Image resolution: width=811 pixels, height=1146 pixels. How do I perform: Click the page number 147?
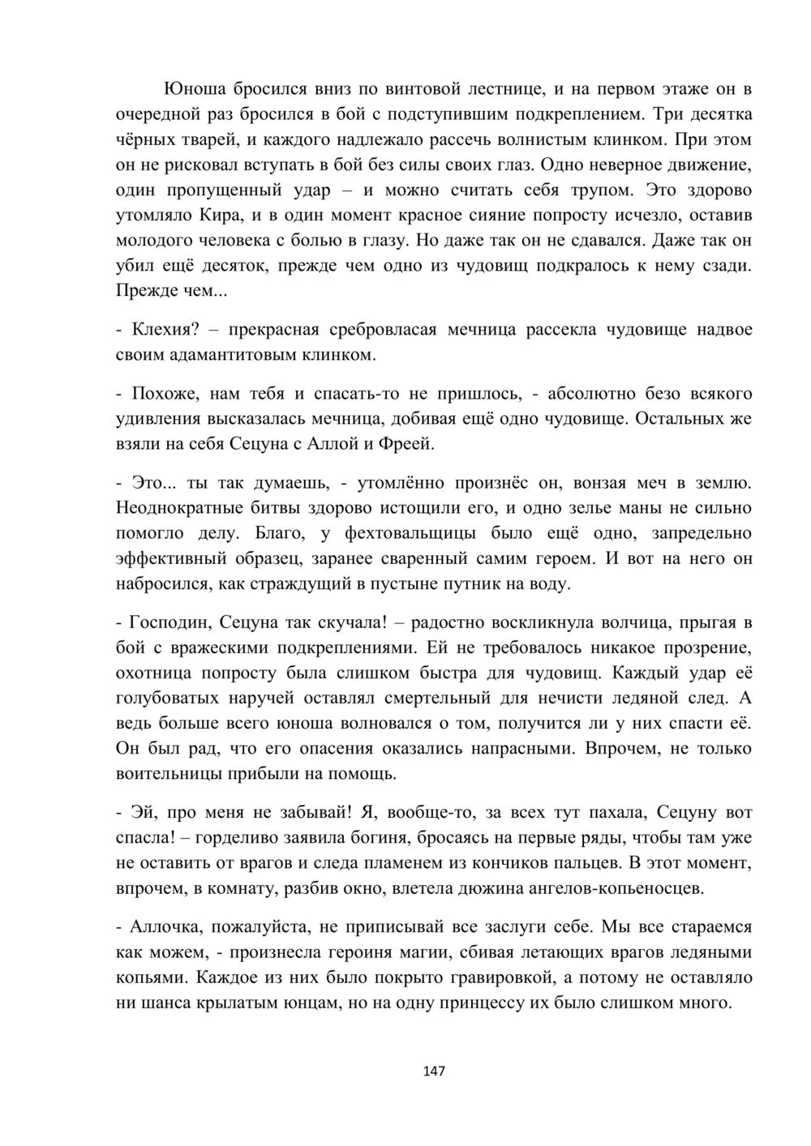coord(435,1071)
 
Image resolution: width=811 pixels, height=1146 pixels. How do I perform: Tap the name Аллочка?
coord(168,926)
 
